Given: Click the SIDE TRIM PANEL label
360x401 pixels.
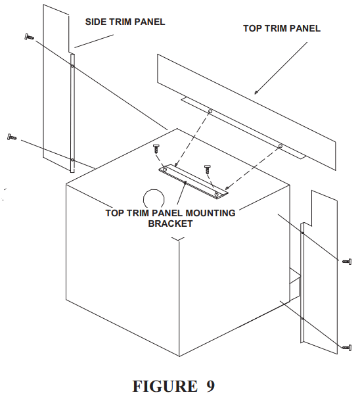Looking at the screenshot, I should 125,22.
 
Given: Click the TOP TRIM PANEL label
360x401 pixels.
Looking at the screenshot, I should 281,28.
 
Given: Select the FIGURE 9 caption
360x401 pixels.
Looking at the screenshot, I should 173,385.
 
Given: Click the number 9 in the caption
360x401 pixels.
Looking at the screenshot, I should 209,385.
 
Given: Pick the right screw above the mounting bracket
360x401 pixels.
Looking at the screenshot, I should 208,168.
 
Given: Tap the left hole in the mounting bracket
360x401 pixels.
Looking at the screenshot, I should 165,170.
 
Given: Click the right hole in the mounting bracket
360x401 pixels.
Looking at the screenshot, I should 217,193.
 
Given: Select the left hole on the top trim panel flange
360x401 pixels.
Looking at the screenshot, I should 210,112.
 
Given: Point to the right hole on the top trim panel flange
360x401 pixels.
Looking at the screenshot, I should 280,146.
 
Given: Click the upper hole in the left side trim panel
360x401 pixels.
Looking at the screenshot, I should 72,66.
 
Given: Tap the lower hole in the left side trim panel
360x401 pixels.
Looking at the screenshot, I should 72,160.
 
